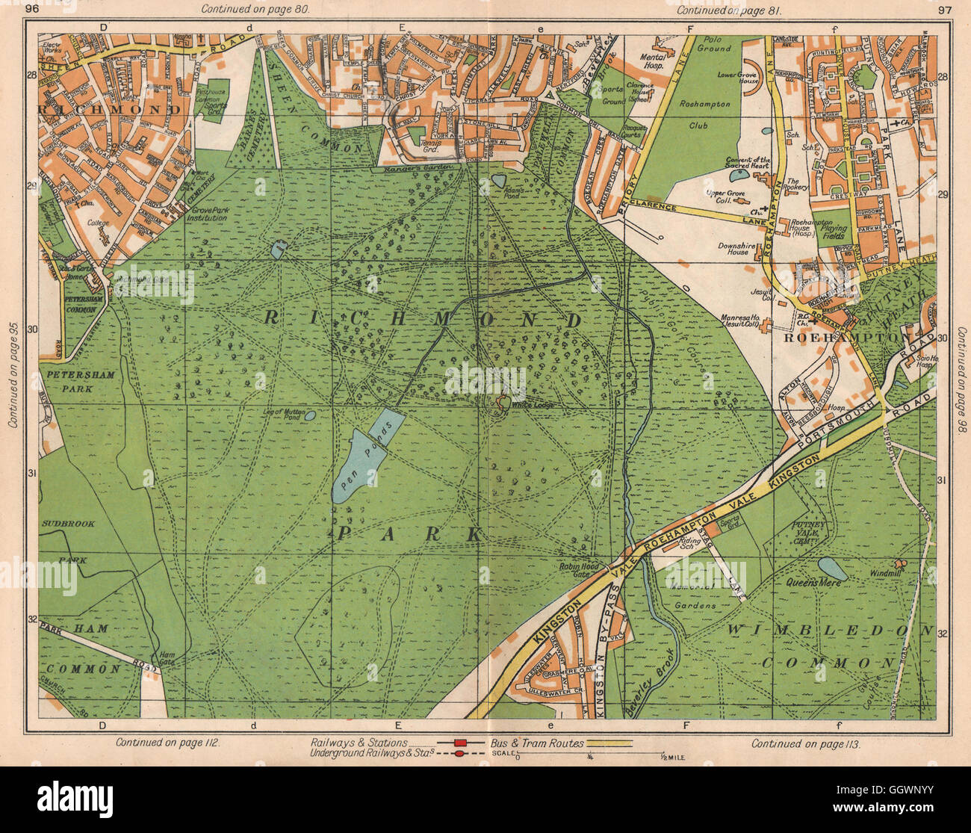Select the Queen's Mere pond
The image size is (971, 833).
832,569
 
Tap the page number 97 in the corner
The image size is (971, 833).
944,9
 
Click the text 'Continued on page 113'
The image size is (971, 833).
806,743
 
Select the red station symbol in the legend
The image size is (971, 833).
460,743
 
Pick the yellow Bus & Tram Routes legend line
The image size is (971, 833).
608,743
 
